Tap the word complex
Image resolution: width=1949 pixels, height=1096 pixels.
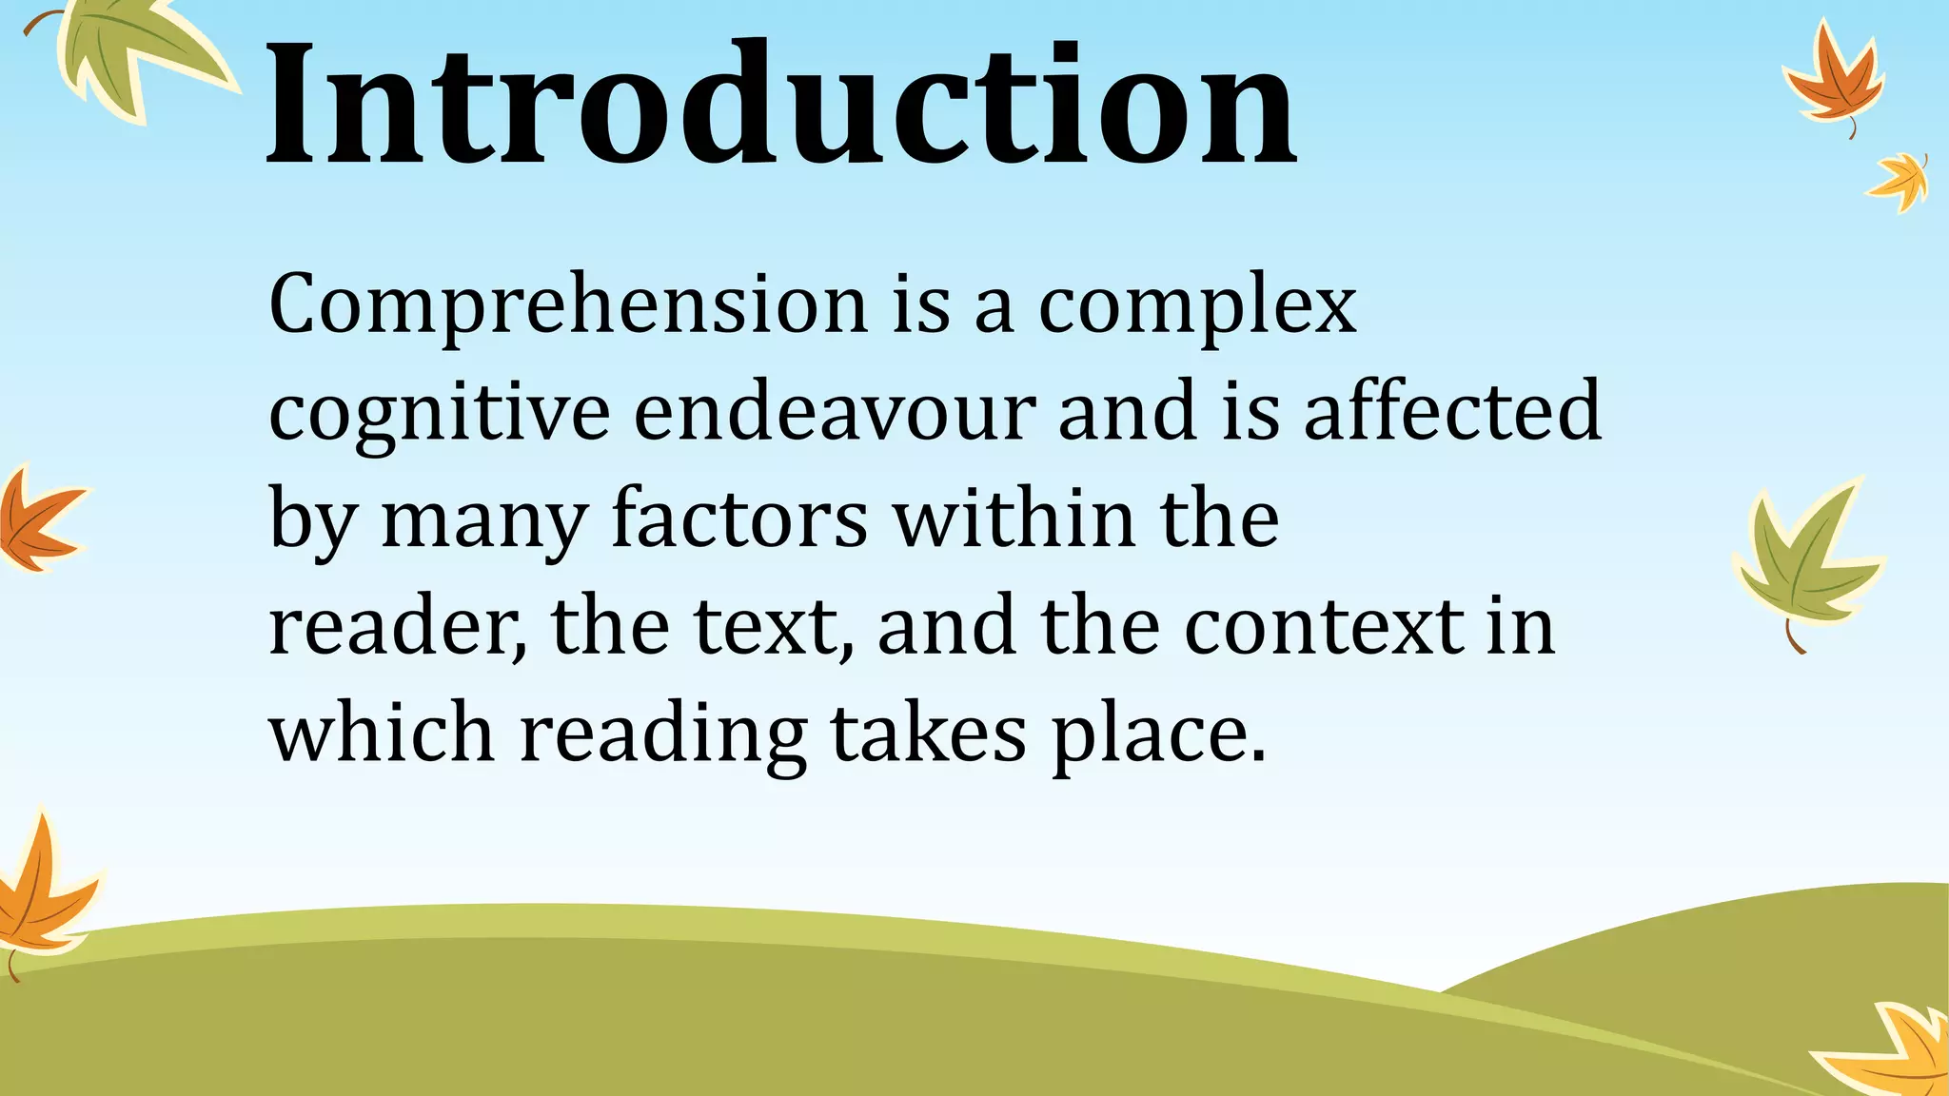[1197, 306]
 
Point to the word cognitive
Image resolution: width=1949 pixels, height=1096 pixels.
[440, 413]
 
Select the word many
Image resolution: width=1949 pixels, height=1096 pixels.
[483, 521]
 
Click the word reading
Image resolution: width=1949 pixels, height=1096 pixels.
[663, 736]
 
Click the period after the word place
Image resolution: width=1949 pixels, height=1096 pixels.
[1258, 758]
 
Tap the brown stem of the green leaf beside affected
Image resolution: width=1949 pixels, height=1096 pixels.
[1795, 638]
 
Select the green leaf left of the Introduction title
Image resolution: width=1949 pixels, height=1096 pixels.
[133, 52]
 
